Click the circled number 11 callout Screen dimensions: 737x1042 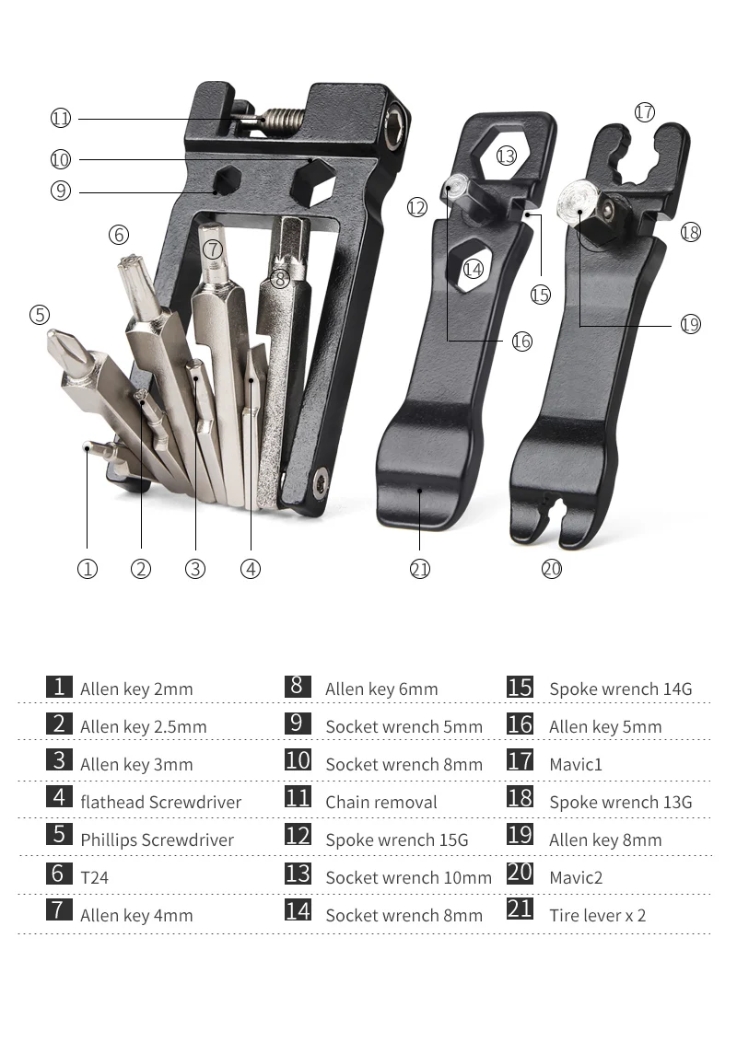point(61,118)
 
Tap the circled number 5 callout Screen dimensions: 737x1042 point(39,315)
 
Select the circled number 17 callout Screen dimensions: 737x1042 point(644,111)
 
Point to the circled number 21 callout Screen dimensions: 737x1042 point(420,569)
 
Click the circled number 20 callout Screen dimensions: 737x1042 point(552,569)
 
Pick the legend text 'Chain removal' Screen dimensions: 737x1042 point(380,803)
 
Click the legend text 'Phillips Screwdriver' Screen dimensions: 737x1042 point(157,840)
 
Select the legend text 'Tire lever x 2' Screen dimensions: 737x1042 point(597,916)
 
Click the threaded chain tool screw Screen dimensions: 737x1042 point(282,118)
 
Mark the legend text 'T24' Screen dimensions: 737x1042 point(94,878)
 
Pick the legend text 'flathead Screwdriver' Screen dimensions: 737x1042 point(160,803)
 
